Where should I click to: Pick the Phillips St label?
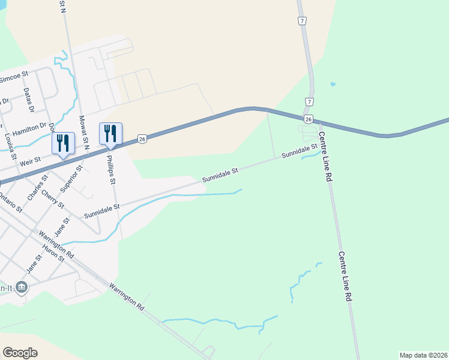111,170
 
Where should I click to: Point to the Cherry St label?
57,199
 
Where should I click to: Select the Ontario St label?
10,202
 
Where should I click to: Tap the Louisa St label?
9,145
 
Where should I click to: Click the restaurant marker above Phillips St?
110,133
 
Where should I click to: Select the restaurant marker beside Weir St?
63,143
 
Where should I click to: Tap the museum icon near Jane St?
22,287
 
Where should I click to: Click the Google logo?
20,352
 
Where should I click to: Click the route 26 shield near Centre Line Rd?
308,120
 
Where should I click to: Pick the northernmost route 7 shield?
303,21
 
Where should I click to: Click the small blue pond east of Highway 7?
333,85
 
